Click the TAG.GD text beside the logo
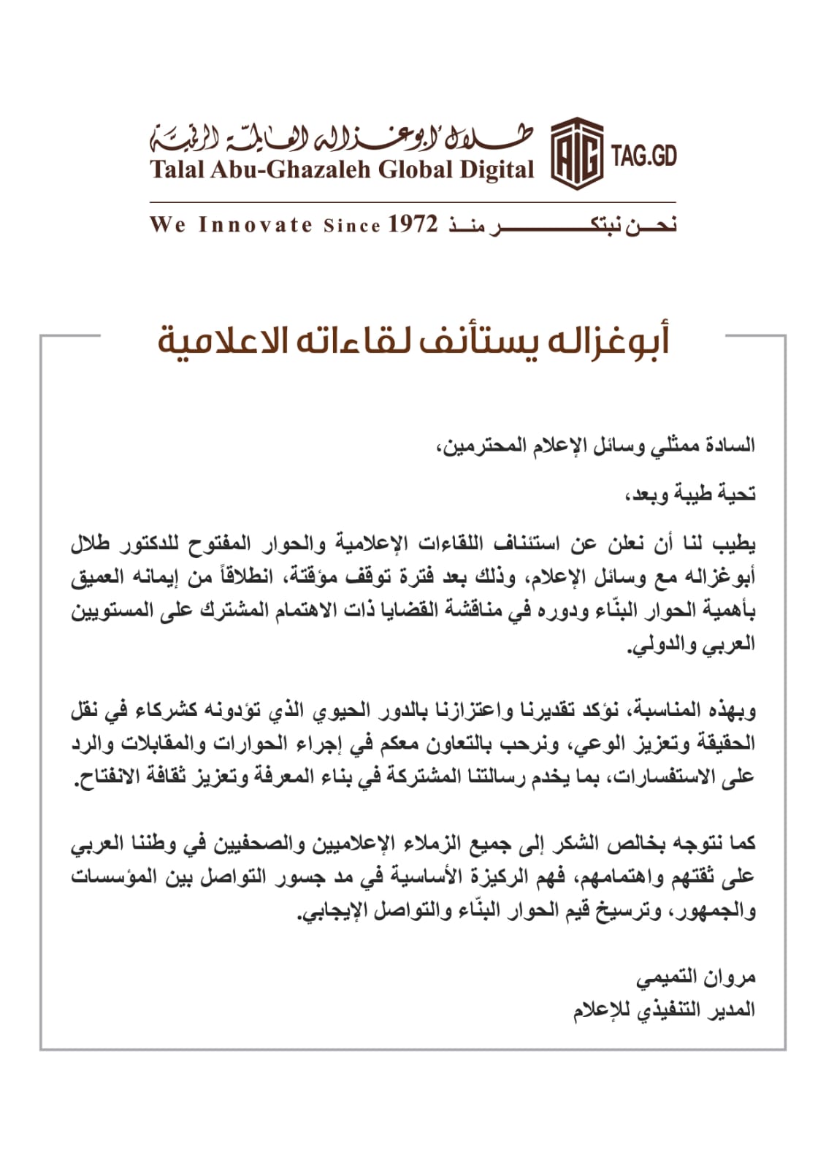click(x=644, y=156)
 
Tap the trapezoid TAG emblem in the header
click(x=576, y=152)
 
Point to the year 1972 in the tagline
click(x=412, y=224)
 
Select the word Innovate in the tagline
click(x=256, y=224)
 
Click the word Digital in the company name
click(x=497, y=170)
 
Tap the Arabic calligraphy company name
click(x=342, y=137)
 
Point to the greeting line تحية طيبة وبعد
click(x=689, y=495)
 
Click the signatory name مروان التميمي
click(x=696, y=977)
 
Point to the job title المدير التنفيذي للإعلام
click(x=664, y=1010)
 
